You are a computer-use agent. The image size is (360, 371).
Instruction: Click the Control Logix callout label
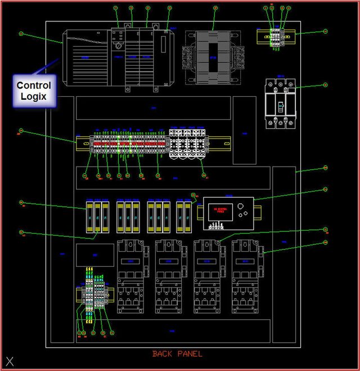coord(33,91)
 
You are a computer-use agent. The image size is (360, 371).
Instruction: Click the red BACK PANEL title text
coord(177,354)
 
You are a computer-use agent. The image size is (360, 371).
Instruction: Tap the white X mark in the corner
coord(10,361)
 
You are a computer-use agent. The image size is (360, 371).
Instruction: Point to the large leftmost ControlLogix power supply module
coord(86,57)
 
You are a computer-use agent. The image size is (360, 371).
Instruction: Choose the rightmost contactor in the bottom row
coord(246,276)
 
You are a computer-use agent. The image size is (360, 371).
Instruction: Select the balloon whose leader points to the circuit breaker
coord(325,86)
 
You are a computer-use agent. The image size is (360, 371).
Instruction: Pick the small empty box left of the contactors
coord(94,255)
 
